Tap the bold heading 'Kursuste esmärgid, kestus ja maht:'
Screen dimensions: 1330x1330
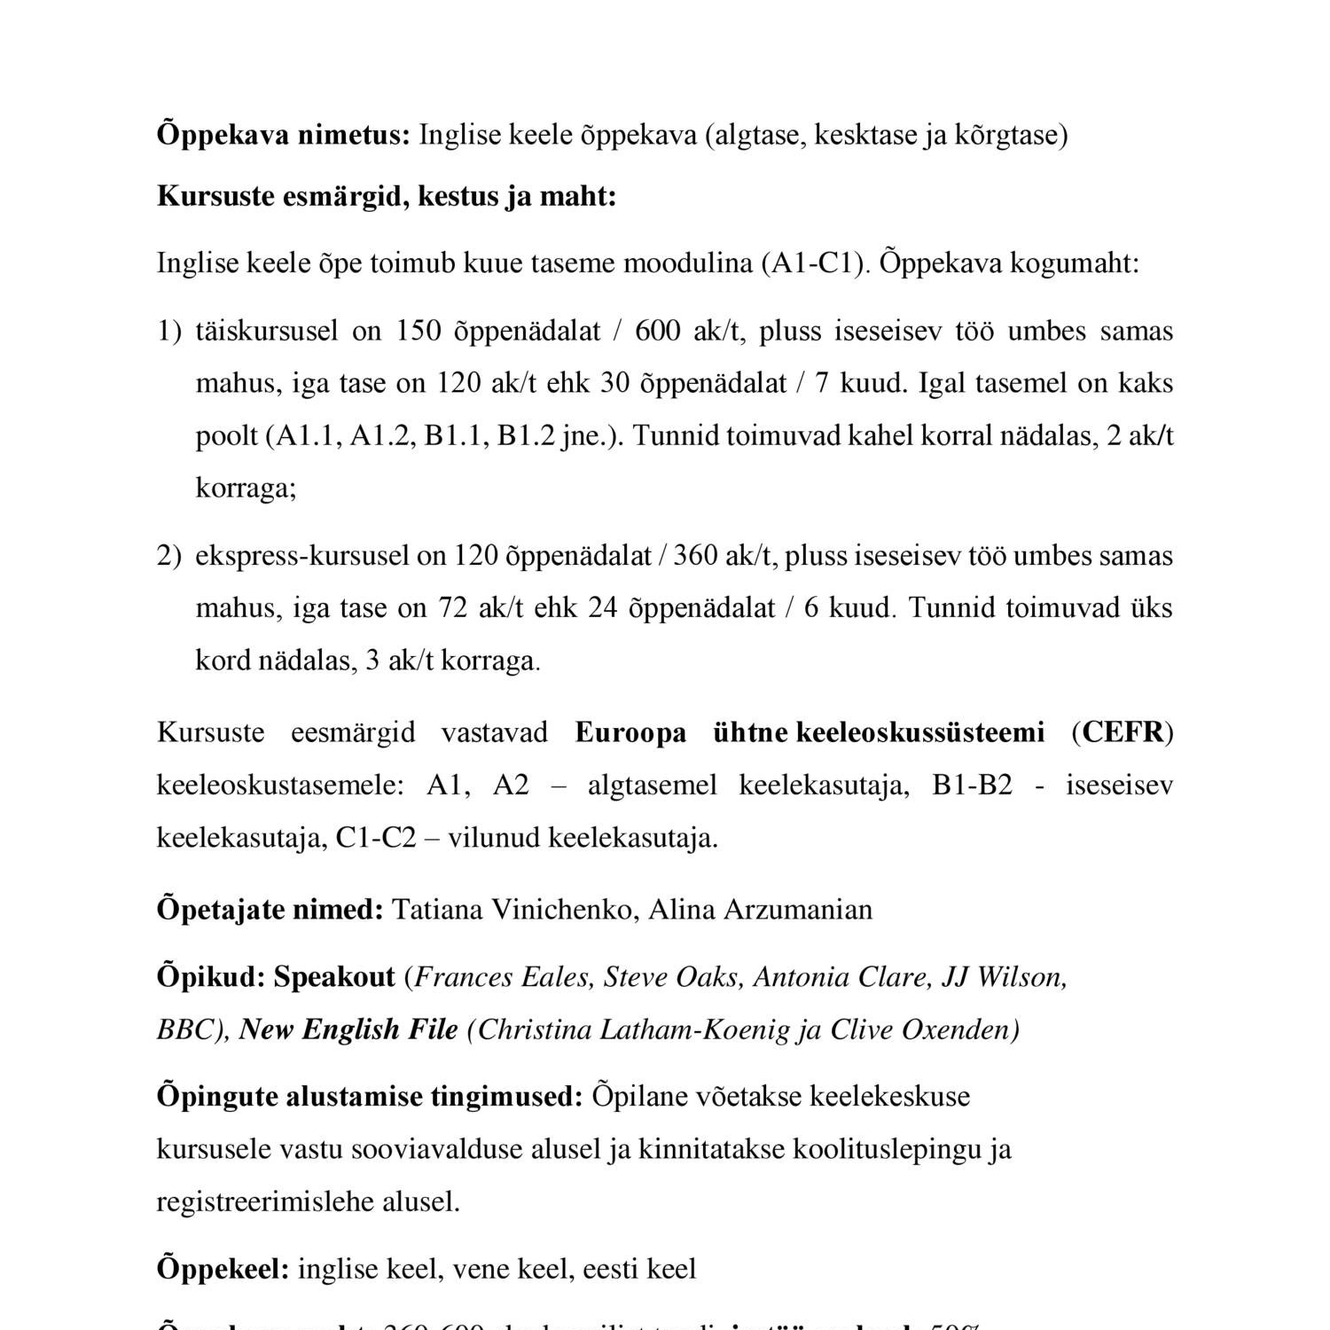(x=386, y=197)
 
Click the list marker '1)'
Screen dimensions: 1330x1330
(x=168, y=332)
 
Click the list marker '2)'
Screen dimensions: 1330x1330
(x=168, y=557)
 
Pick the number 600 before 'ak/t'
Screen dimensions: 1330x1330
(x=658, y=332)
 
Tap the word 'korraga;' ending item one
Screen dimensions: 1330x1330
(x=246, y=489)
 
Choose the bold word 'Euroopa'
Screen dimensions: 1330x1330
(x=630, y=733)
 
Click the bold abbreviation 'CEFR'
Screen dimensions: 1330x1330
(x=1123, y=733)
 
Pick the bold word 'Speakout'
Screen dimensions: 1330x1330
(x=334, y=978)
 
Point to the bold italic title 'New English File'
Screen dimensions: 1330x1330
(x=348, y=1030)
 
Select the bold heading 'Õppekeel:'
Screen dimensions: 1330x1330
(x=223, y=1270)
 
